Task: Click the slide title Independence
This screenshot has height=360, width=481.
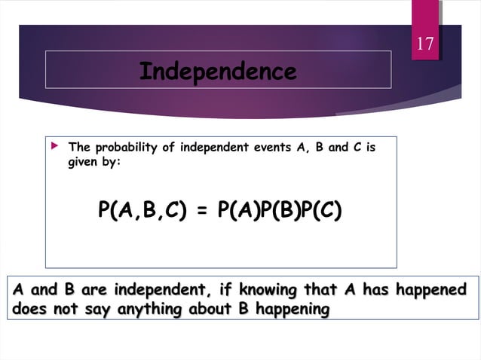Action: (218, 72)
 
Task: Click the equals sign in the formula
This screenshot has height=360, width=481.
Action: (201, 210)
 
